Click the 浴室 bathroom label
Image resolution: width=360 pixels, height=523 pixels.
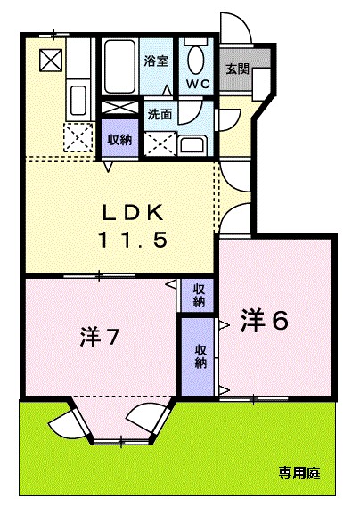tap(156, 61)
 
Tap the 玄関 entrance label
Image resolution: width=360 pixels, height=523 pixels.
tap(237, 69)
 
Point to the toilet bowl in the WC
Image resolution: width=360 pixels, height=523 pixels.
tap(196, 61)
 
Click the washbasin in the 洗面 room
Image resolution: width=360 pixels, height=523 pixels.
tap(191, 143)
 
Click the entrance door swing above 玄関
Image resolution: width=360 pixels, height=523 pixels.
tap(233, 29)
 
